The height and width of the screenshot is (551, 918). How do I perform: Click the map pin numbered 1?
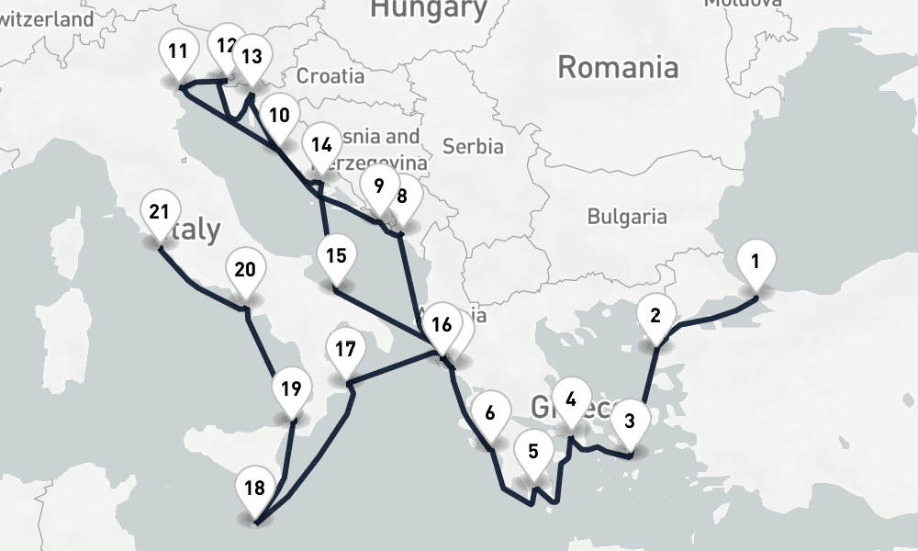755,262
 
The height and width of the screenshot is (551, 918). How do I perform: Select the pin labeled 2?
655,317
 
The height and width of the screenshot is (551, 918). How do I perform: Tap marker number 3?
629,422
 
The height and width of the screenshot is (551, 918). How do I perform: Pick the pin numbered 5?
533,452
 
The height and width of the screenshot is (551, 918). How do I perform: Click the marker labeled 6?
490,413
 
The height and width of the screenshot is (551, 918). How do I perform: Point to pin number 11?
178,51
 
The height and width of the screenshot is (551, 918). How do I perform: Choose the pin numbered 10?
279,116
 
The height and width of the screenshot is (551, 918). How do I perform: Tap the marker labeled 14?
320,145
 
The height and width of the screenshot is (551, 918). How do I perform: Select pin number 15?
336,256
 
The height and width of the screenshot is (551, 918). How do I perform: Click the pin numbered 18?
255,489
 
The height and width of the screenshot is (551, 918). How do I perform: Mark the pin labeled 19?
291,389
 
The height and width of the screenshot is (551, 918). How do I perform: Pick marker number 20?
244,271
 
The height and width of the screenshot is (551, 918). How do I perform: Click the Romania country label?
618,67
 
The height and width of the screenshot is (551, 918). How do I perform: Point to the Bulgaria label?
627,217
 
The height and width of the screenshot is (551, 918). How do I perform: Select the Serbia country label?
473,146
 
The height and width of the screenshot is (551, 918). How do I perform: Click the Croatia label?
330,75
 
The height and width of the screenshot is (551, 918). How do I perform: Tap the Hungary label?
428,9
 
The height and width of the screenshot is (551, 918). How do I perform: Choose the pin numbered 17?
345,350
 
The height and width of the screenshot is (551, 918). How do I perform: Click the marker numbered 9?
378,186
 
